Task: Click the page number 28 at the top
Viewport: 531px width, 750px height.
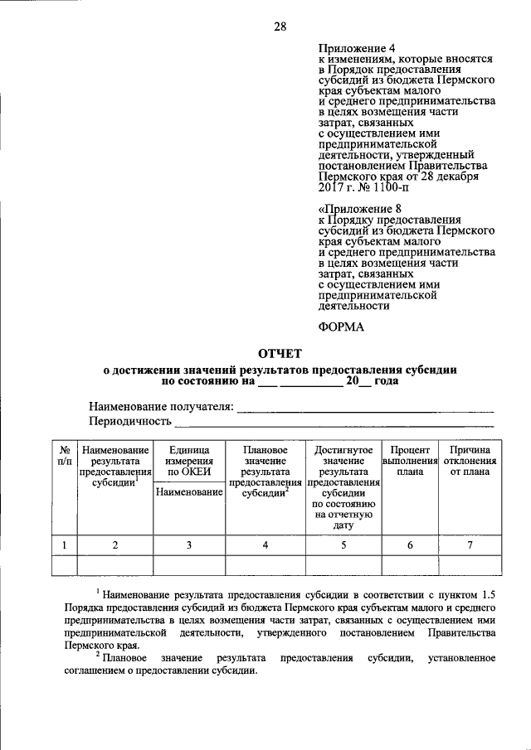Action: [280, 27]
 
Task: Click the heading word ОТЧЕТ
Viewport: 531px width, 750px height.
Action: [280, 354]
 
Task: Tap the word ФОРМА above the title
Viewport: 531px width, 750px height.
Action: [341, 327]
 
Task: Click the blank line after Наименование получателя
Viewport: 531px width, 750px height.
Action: [365, 407]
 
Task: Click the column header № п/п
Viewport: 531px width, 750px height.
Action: [64, 454]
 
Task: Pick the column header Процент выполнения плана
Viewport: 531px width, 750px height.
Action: [410, 460]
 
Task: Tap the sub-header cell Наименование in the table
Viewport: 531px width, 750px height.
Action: [189, 492]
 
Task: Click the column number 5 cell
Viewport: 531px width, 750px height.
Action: [343, 544]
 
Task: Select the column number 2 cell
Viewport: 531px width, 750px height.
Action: [115, 544]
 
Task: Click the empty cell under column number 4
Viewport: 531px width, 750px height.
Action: [265, 564]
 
